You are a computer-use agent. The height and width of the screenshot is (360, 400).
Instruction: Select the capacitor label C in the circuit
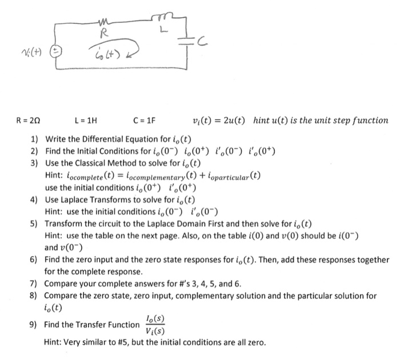pos(199,41)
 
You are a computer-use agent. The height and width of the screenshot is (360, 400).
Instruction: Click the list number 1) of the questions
pos(35,139)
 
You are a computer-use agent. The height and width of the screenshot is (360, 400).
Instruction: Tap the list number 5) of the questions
pos(35,223)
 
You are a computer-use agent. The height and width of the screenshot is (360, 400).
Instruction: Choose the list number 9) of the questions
pos(35,325)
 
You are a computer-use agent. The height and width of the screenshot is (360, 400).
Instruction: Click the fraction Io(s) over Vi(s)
pos(156,325)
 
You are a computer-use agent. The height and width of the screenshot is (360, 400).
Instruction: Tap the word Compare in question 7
pos(62,283)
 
